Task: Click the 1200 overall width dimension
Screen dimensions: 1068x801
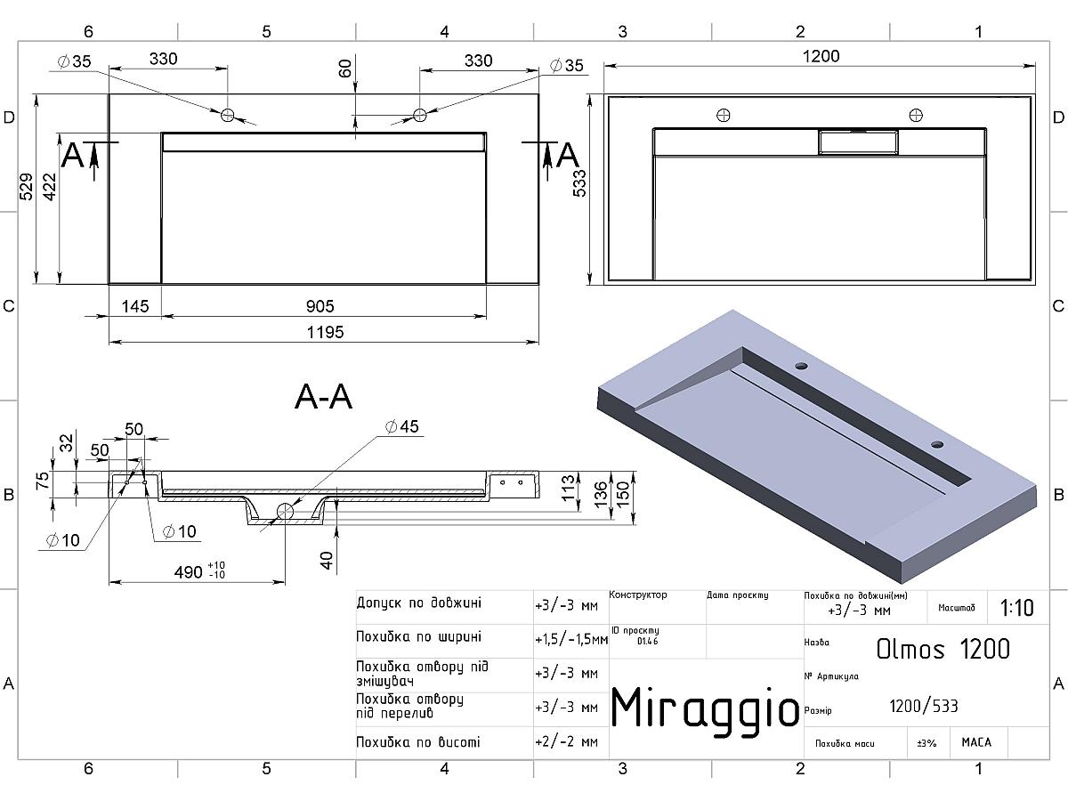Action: click(821, 56)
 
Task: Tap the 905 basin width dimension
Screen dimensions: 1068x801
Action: click(320, 306)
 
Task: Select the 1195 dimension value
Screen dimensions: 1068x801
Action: click(325, 333)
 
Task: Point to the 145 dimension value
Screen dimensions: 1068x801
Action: click(134, 306)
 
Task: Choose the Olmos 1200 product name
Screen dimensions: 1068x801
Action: click(943, 649)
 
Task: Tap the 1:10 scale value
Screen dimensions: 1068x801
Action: click(1016, 608)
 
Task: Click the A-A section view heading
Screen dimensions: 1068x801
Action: click(324, 397)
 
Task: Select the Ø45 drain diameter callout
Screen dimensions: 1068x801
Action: click(401, 426)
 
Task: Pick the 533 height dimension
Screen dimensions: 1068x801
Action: click(579, 183)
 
